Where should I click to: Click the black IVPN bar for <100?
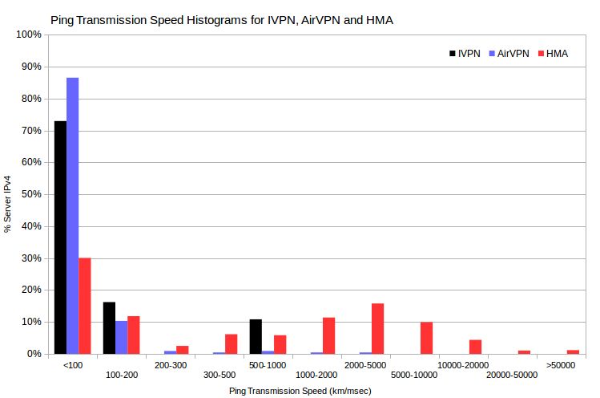tap(60, 238)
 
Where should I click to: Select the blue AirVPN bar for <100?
tap(73, 216)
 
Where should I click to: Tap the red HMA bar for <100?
tap(85, 306)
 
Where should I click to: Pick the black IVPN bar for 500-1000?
tap(256, 337)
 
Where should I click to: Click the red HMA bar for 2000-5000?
tap(377, 329)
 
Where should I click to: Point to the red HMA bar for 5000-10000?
tap(427, 338)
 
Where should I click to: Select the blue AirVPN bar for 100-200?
tap(122, 338)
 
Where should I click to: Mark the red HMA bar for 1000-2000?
tap(329, 336)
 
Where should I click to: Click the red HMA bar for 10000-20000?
tap(476, 347)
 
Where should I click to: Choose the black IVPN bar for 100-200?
tap(110, 328)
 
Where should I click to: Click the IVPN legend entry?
tap(465, 54)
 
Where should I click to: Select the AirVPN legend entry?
tap(509, 54)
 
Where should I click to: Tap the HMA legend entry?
tap(553, 54)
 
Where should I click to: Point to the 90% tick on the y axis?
tap(46, 67)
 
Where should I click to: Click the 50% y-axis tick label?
tap(31, 194)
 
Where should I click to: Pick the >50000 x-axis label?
tap(561, 365)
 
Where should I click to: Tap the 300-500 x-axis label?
tap(219, 375)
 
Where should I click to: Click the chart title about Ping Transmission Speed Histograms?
tap(222, 20)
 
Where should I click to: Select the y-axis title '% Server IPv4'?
tap(8, 204)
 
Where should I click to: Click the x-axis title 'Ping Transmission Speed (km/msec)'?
tap(300, 391)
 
